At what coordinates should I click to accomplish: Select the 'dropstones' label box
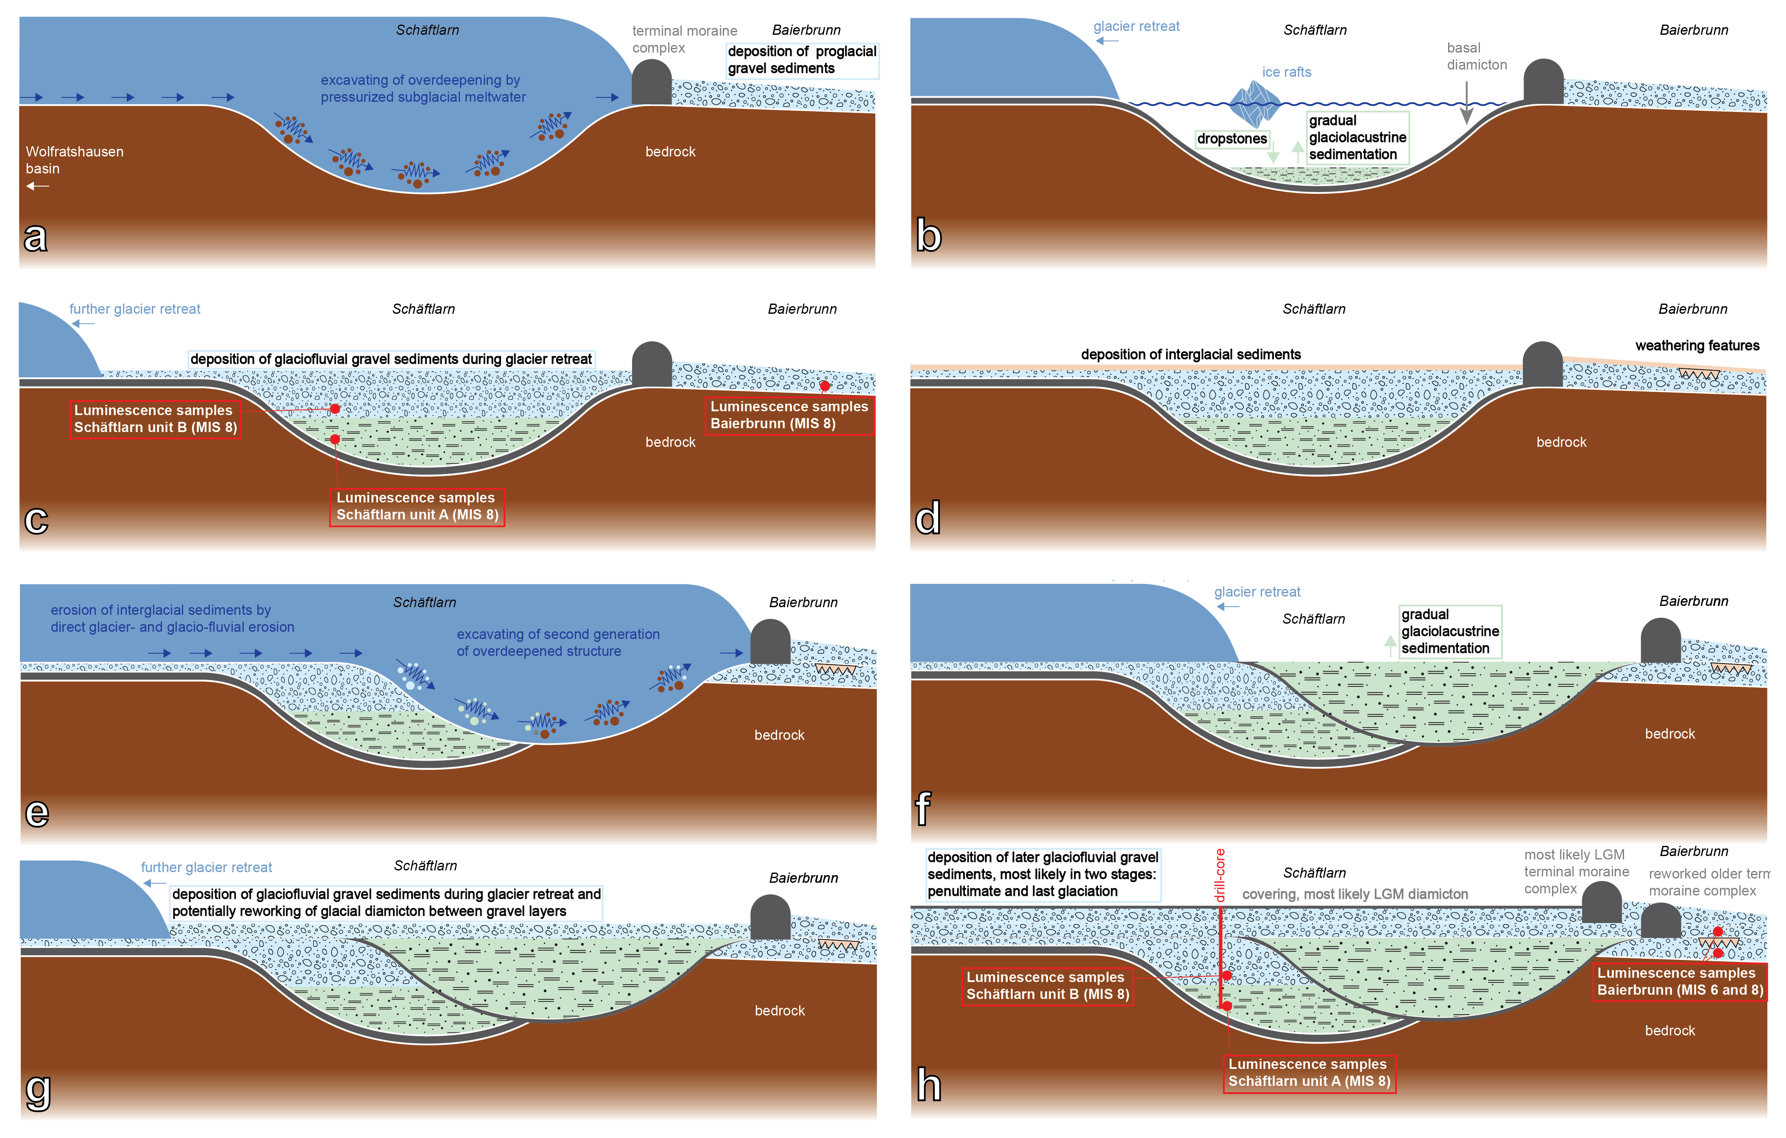coord(1232,139)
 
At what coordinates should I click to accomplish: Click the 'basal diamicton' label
coord(1476,56)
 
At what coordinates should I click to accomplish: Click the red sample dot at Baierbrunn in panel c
coord(825,386)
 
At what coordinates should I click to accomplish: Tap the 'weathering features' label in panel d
coord(1697,346)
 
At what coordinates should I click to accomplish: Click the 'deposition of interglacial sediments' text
coord(1190,354)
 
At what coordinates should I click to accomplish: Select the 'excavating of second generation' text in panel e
coord(558,642)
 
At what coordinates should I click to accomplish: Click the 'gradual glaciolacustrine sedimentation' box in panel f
coord(1449,631)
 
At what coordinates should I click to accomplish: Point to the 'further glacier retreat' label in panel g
coord(206,867)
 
